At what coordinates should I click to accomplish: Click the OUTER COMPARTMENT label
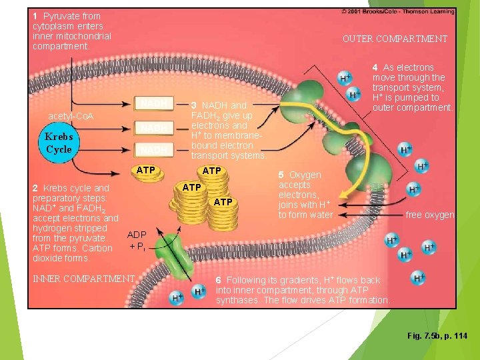tap(395, 39)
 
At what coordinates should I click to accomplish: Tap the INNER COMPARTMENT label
tap(84, 278)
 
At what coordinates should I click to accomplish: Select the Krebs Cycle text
tap(59, 143)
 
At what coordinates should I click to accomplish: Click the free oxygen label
tap(430, 215)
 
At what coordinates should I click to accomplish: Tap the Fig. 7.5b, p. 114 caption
tap(437, 335)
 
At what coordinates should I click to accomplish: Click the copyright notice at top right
tap(398, 11)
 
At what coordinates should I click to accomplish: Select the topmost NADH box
tap(154, 103)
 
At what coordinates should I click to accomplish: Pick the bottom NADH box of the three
tap(154, 150)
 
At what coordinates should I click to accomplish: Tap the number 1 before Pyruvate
tap(35, 15)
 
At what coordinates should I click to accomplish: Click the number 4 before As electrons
tap(375, 67)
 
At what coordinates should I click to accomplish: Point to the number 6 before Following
tap(219, 280)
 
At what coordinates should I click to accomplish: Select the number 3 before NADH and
tap(194, 105)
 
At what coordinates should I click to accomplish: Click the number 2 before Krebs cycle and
tap(35, 188)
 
